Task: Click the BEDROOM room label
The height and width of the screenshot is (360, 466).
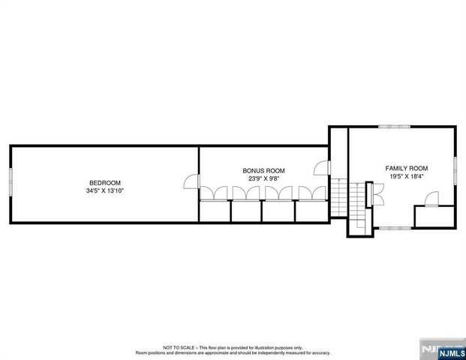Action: pyautogui.click(x=105, y=183)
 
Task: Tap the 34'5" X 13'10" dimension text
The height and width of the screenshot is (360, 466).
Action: pyautogui.click(x=105, y=191)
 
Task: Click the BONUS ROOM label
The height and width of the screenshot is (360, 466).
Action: pyautogui.click(x=263, y=171)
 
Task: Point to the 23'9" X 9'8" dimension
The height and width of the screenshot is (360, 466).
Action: pyautogui.click(x=263, y=179)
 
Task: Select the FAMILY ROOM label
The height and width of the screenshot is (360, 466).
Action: pyautogui.click(x=407, y=168)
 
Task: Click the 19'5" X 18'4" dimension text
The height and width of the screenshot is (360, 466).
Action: pyautogui.click(x=407, y=177)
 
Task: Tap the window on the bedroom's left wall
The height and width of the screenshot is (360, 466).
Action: pyautogui.click(x=10, y=183)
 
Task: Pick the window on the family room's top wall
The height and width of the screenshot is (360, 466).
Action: pyautogui.click(x=394, y=127)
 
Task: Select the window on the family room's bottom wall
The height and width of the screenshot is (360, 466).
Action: pyautogui.click(x=394, y=227)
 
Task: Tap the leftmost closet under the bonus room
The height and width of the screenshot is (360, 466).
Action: pyautogui.click(x=215, y=212)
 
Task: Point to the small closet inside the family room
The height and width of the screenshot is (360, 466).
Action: pyautogui.click(x=434, y=216)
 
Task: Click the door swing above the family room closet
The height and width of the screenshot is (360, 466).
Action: pyautogui.click(x=433, y=199)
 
